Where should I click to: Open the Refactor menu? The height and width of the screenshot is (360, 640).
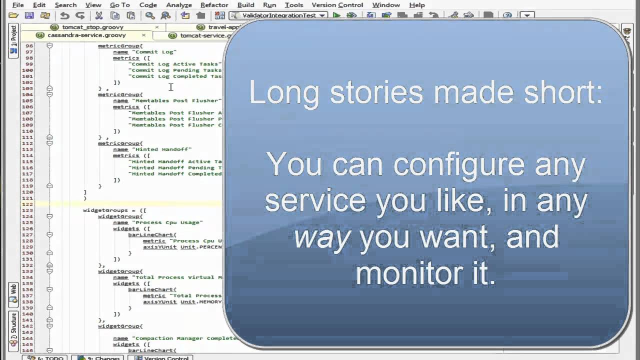(x=214, y=5)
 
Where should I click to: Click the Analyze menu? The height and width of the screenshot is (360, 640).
(x=178, y=5)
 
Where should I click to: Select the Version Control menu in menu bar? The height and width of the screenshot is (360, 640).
(x=337, y=5)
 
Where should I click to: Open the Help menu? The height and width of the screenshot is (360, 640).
(x=416, y=5)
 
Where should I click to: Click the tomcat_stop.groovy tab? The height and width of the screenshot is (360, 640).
(x=92, y=27)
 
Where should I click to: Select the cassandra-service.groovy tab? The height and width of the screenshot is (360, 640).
(x=86, y=35)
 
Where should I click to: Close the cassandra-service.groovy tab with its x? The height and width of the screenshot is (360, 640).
(x=143, y=35)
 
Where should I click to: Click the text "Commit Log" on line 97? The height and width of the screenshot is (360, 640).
(x=156, y=52)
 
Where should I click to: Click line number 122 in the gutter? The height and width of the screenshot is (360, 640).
(x=27, y=204)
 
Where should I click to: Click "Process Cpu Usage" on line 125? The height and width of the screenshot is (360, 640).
(x=167, y=222)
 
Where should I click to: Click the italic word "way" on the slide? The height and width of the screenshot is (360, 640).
(x=321, y=237)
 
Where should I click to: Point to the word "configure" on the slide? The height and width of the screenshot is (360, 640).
(x=459, y=165)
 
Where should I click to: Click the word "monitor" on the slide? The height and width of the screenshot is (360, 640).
(x=405, y=273)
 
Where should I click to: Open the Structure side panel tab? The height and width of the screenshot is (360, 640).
(x=13, y=325)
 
